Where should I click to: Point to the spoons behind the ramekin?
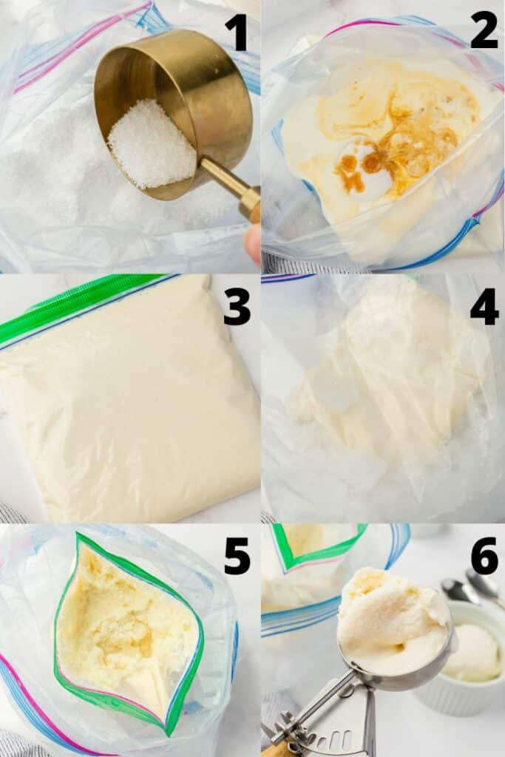pos(470,588)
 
